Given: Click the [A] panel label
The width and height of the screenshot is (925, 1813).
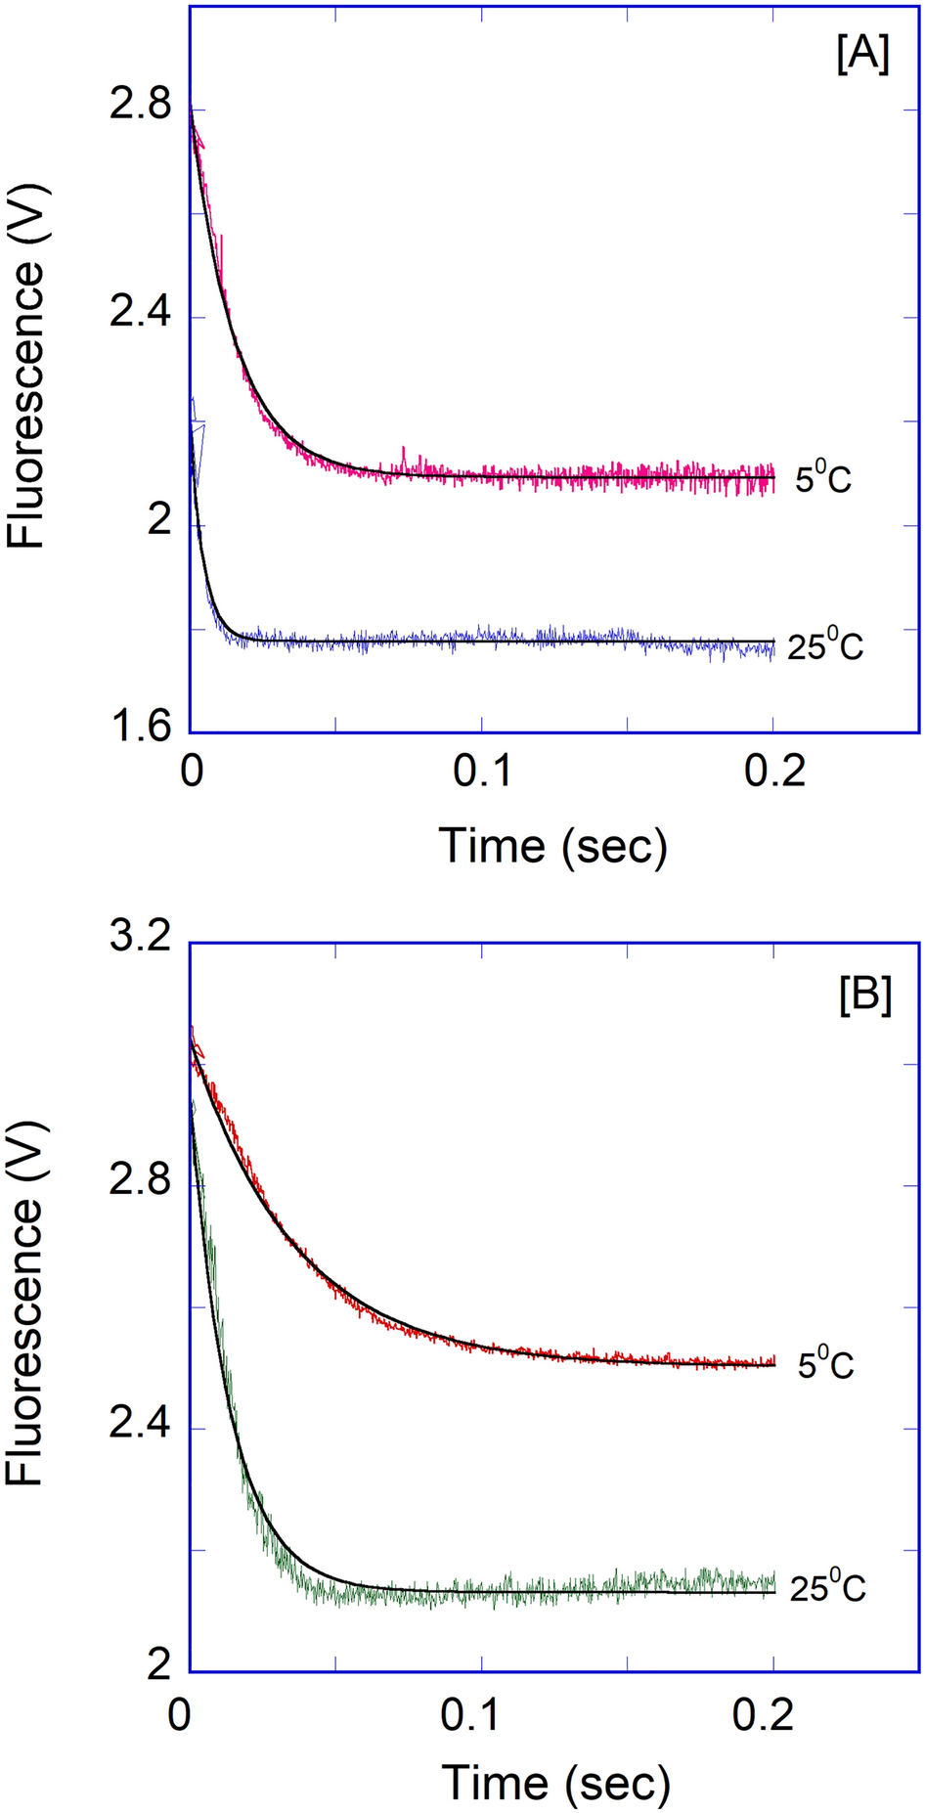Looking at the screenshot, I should click(x=862, y=56).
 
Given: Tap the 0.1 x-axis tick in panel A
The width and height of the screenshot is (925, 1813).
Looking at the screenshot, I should click(x=481, y=773).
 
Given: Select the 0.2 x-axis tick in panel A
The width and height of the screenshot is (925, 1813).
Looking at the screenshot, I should click(x=773, y=773).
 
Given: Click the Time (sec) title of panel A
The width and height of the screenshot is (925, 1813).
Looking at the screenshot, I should click(x=553, y=845).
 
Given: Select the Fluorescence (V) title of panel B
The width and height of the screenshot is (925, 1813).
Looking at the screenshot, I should click(x=26, y=1315).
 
